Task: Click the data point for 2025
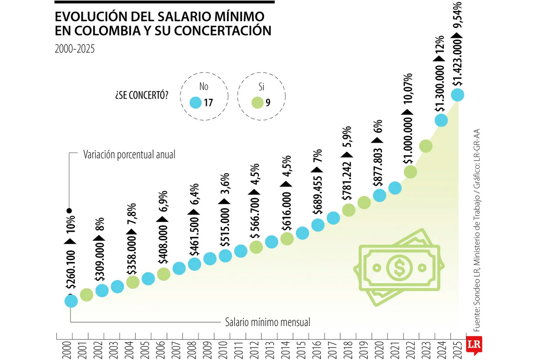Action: coord(457,95)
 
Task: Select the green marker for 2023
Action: coord(426,146)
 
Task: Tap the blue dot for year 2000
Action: coord(71,301)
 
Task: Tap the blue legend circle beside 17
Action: coord(195,103)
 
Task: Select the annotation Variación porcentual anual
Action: coord(129,155)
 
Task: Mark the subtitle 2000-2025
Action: coord(75,49)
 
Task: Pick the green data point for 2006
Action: coord(163,274)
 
